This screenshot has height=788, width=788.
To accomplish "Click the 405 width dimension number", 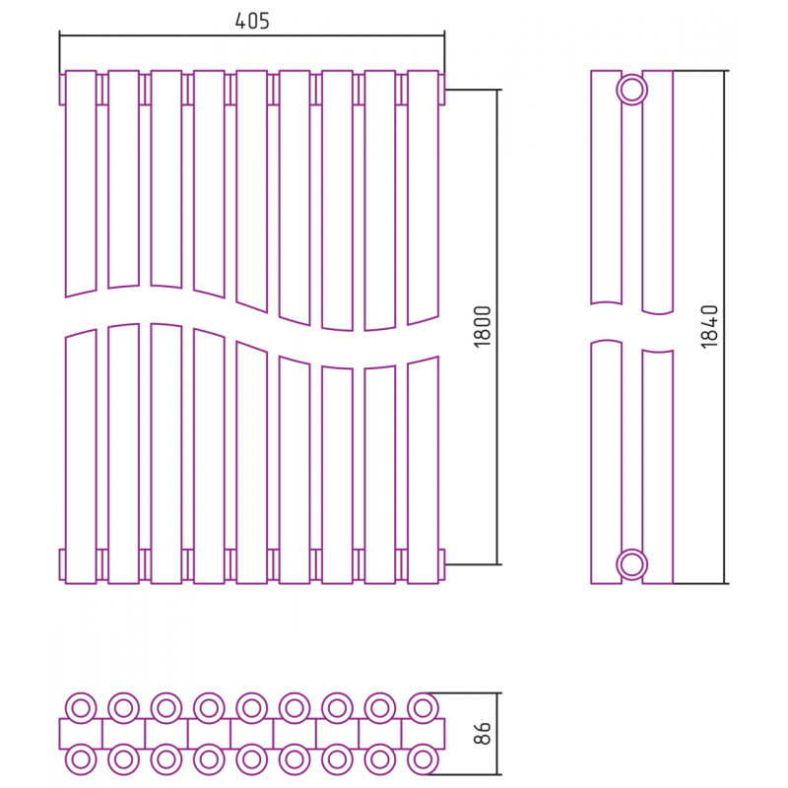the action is [252, 21].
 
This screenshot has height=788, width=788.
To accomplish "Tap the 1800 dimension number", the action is [482, 327].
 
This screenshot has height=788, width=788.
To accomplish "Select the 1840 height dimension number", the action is [709, 327].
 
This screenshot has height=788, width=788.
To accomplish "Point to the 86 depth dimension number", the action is [482, 733].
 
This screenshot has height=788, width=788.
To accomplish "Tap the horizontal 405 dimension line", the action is [252, 35].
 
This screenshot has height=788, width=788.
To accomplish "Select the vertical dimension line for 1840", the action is [725, 327].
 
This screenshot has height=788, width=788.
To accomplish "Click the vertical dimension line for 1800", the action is [497, 327].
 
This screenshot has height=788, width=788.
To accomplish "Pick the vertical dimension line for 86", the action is [497, 734].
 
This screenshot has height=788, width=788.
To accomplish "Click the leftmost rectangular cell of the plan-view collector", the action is [81, 734].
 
